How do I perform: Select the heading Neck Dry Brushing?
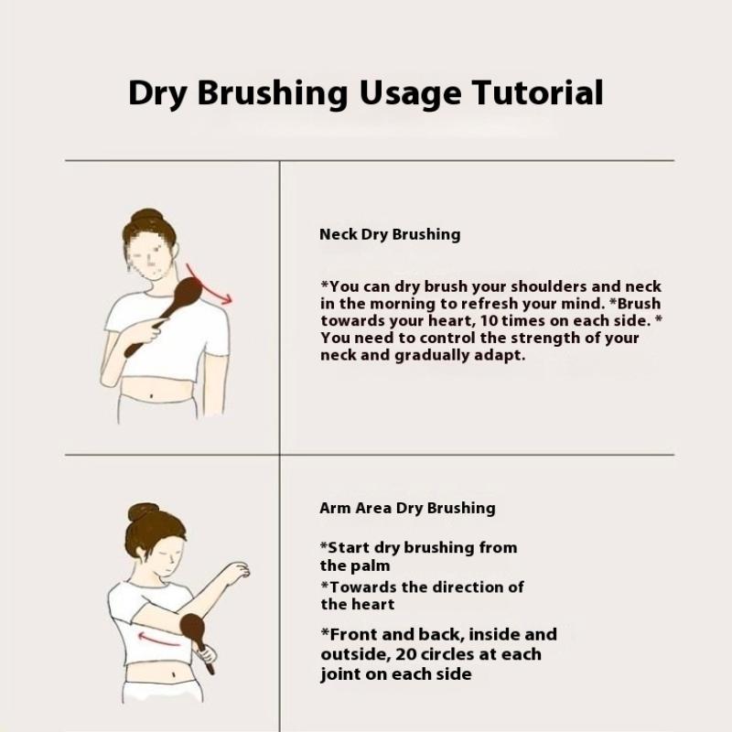[x=390, y=234]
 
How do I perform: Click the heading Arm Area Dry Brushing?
[x=407, y=508]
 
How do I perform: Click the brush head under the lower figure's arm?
[x=190, y=630]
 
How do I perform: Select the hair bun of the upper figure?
[x=146, y=217]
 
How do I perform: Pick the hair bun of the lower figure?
[x=144, y=512]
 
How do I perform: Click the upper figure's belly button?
[x=151, y=397]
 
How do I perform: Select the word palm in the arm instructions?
[x=371, y=565]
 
